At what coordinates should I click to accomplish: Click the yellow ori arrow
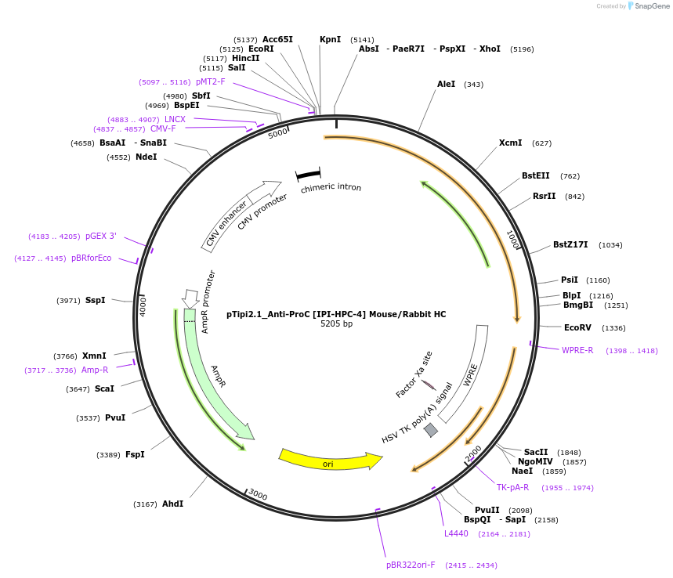click(329, 461)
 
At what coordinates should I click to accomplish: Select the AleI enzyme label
click(446, 84)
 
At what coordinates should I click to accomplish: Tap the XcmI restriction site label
click(510, 143)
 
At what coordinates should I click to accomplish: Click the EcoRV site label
click(578, 328)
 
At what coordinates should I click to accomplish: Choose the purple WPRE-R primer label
click(577, 350)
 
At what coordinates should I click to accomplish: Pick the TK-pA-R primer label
click(512, 487)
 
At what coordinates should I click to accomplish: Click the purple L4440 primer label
click(456, 533)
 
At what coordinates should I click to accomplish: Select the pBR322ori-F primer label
click(410, 565)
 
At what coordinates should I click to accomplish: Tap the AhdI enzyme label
click(172, 504)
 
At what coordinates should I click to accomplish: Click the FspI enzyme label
click(135, 454)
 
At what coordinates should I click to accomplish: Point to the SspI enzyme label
click(95, 300)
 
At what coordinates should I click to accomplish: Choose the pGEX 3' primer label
click(100, 236)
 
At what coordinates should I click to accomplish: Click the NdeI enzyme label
click(146, 157)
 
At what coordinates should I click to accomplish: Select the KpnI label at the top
click(330, 39)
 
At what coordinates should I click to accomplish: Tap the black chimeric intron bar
click(308, 174)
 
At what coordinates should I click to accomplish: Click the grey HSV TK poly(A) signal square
click(431, 430)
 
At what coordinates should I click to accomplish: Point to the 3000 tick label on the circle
click(258, 496)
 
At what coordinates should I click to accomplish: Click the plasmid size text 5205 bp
click(336, 324)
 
